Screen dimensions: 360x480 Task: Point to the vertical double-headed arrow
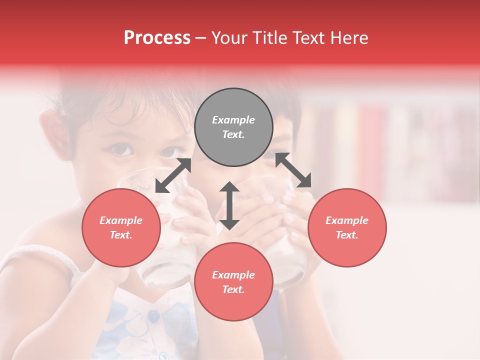229,205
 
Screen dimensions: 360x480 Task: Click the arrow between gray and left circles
173,175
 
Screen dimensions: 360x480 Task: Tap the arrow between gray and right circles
293,170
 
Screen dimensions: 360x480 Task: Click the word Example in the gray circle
233,120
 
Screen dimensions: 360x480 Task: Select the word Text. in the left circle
121,235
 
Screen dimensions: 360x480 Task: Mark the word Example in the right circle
347,220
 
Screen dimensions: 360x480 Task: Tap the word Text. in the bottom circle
233,289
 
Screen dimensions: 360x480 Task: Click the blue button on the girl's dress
153,315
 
